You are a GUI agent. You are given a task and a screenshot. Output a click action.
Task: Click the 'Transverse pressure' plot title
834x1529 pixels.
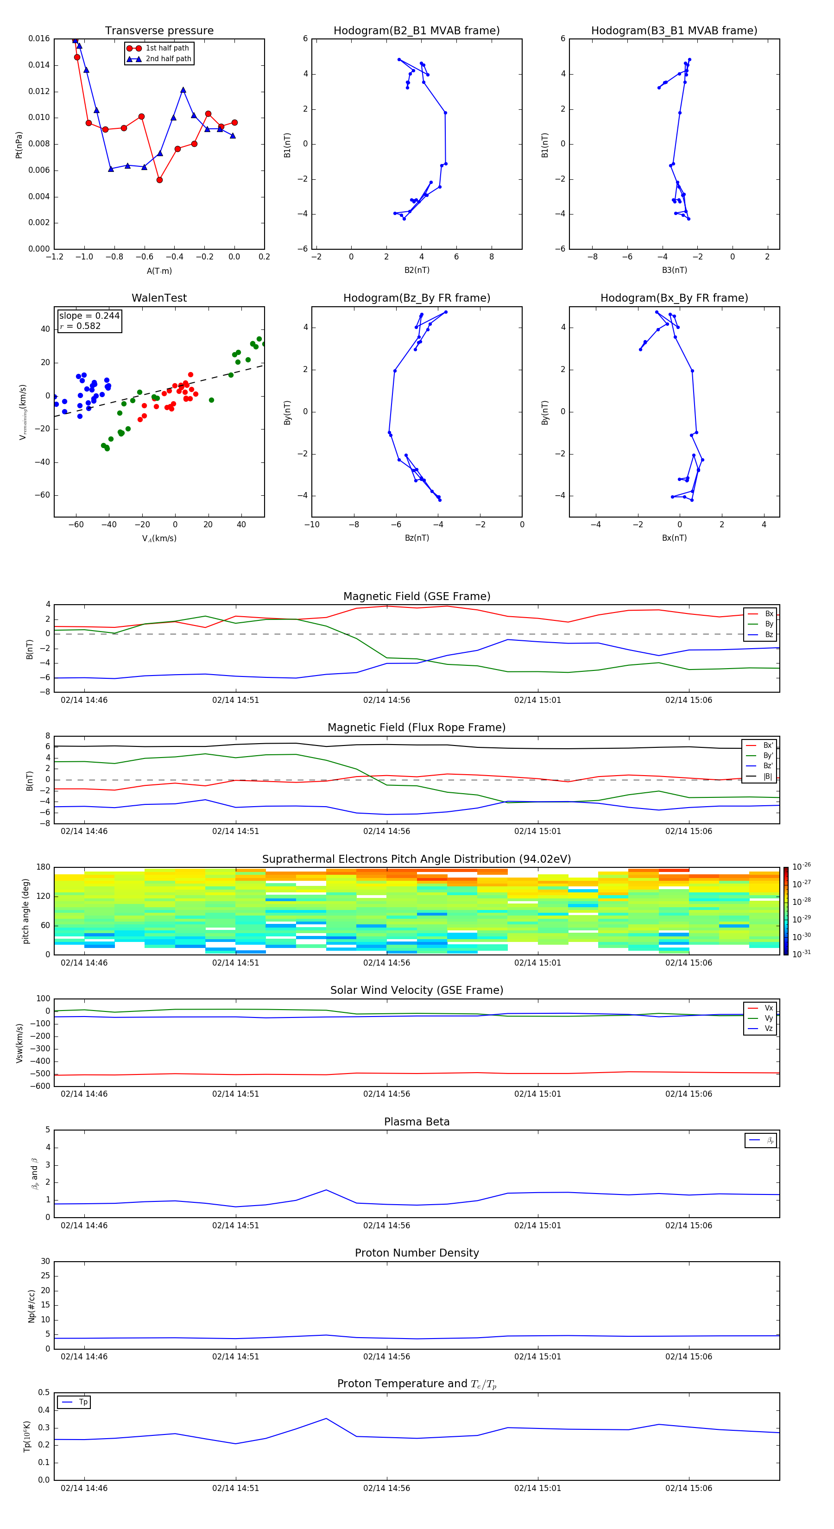coord(159,30)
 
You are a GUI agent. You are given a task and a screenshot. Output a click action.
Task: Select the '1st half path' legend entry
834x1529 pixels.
coord(167,48)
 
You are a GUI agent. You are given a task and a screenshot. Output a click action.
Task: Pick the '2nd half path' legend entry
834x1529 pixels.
coord(168,59)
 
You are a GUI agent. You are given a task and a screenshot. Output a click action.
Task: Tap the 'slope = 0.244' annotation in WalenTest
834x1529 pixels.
coord(89,316)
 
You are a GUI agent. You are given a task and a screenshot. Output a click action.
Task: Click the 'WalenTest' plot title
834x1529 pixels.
coord(159,298)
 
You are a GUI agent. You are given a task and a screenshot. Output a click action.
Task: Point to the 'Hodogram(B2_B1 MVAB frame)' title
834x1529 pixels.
coord(416,30)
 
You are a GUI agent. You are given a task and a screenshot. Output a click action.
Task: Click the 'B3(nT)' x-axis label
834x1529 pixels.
coord(674,270)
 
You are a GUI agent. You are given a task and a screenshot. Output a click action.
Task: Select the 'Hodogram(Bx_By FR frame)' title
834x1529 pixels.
coord(674,298)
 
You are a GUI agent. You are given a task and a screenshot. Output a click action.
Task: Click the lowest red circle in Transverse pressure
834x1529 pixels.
coord(159,180)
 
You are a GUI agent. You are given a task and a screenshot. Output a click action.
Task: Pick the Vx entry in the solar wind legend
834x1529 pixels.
coord(768,1008)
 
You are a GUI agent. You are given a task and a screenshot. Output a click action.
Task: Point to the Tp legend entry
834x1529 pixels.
coord(82,1402)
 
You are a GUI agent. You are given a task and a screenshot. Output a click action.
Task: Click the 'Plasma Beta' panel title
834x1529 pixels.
coord(416,1122)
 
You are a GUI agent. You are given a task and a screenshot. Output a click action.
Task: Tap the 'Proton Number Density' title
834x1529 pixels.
coord(416,1253)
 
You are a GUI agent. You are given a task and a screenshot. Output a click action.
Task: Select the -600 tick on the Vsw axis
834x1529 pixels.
coord(40,1086)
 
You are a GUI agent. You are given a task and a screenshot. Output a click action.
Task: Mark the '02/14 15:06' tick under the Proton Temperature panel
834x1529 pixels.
coord(688,1488)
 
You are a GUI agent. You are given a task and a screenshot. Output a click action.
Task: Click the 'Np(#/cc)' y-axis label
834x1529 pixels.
coord(32,1306)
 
